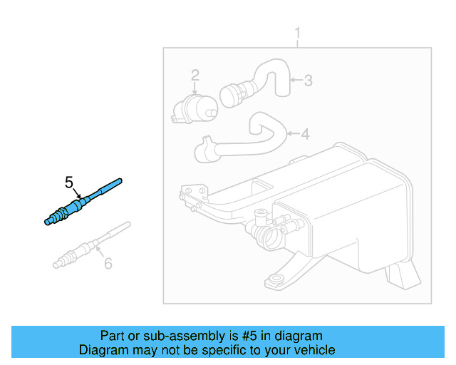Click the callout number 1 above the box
click(298, 34)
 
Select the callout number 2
click(195, 74)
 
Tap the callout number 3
click(308, 81)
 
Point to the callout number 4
click(305, 133)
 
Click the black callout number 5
click(69, 182)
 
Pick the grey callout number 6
click(108, 263)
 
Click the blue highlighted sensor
click(82, 202)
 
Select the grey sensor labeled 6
click(89, 245)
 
